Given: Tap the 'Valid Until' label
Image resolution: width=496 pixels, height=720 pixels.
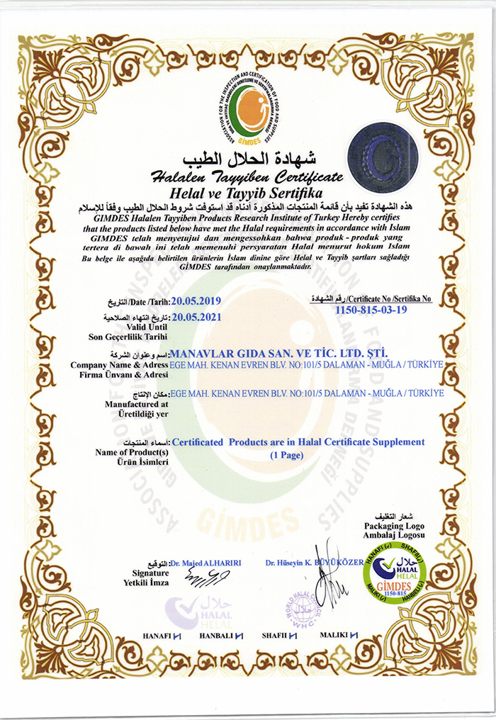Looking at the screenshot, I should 147,327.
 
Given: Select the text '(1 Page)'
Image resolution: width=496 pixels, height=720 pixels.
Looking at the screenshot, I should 287,456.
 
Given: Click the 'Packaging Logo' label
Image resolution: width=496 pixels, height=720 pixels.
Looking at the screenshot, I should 394,527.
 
